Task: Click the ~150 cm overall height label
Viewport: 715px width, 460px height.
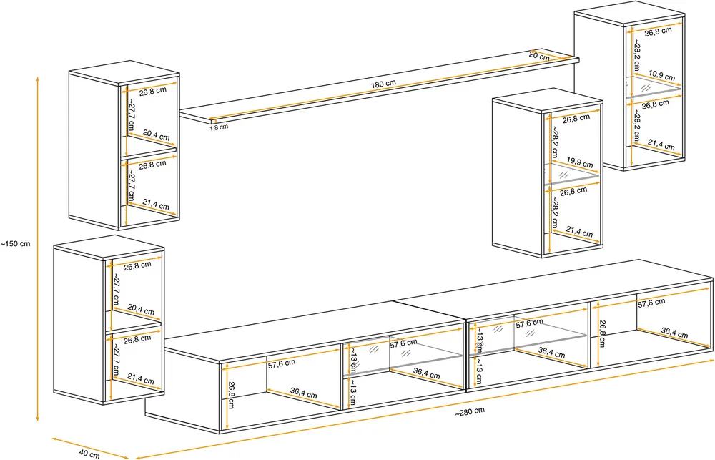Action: tap(16, 244)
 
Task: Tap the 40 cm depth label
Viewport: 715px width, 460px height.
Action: tap(89, 454)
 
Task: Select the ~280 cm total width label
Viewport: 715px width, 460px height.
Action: tap(470, 411)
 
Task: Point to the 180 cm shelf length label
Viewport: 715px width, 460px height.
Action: tap(383, 84)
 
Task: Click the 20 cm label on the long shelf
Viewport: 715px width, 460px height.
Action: tap(539, 56)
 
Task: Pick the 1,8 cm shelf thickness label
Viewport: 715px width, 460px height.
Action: tap(219, 127)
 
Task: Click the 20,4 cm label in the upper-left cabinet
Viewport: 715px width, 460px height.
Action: tap(156, 134)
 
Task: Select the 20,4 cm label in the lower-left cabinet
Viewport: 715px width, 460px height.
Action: tap(141, 310)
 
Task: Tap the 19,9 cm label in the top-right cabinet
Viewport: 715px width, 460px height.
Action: tap(661, 75)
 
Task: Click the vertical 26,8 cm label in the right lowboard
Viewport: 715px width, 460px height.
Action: tap(602, 333)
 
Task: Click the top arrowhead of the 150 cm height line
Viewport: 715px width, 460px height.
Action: tap(38, 77)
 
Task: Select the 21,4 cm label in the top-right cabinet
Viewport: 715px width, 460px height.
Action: tap(661, 145)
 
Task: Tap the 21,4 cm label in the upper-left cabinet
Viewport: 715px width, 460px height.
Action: tap(155, 205)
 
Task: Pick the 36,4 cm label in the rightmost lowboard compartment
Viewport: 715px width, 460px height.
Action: tap(674, 333)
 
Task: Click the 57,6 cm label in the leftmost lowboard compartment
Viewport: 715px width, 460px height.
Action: tap(281, 363)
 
